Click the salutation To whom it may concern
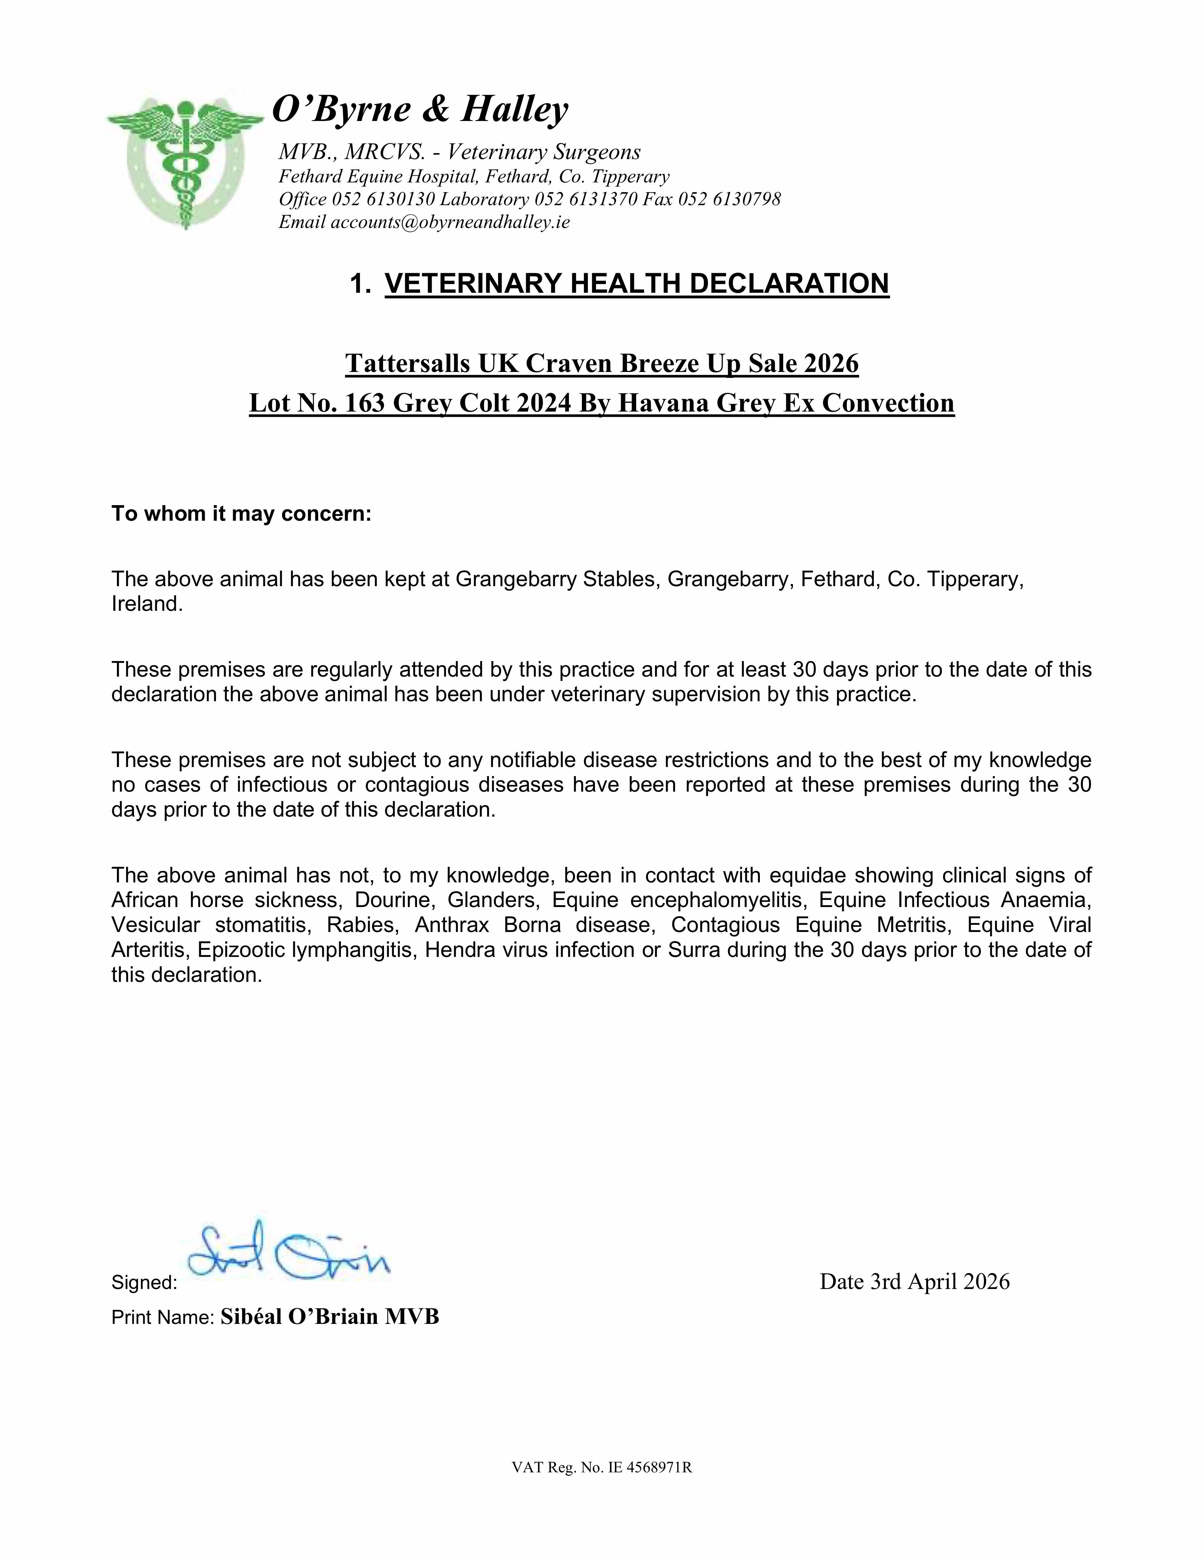point(241,514)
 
